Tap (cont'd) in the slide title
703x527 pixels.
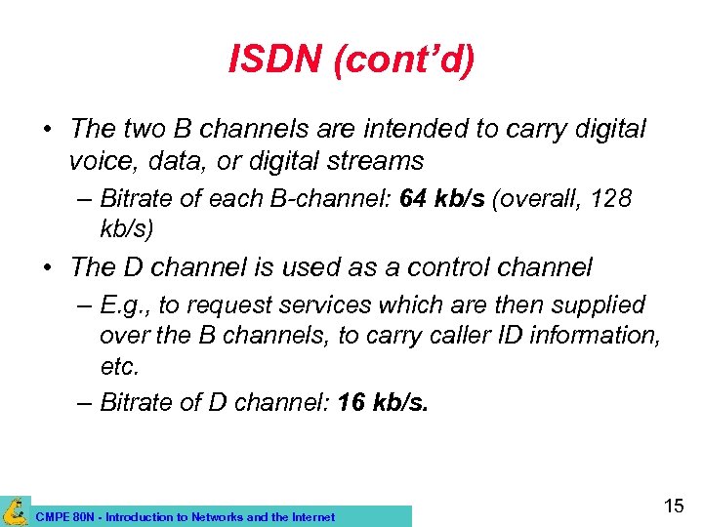tap(403, 61)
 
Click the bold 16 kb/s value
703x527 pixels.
tap(382, 403)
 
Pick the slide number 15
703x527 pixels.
tap(674, 506)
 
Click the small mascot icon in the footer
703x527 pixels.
tap(15, 510)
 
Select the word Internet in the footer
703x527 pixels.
tap(310, 517)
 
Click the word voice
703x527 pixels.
tap(101, 160)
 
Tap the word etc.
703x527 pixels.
tap(119, 366)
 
